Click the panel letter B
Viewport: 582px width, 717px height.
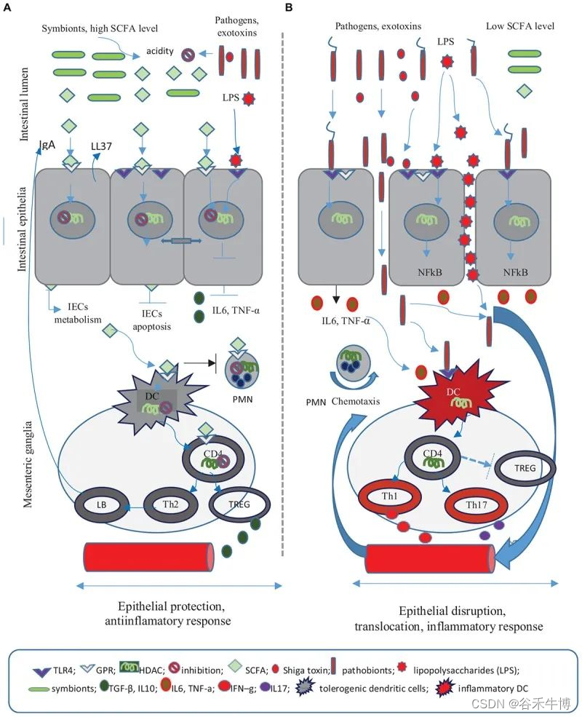[x=290, y=8]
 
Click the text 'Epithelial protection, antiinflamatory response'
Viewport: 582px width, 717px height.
[x=175, y=613]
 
